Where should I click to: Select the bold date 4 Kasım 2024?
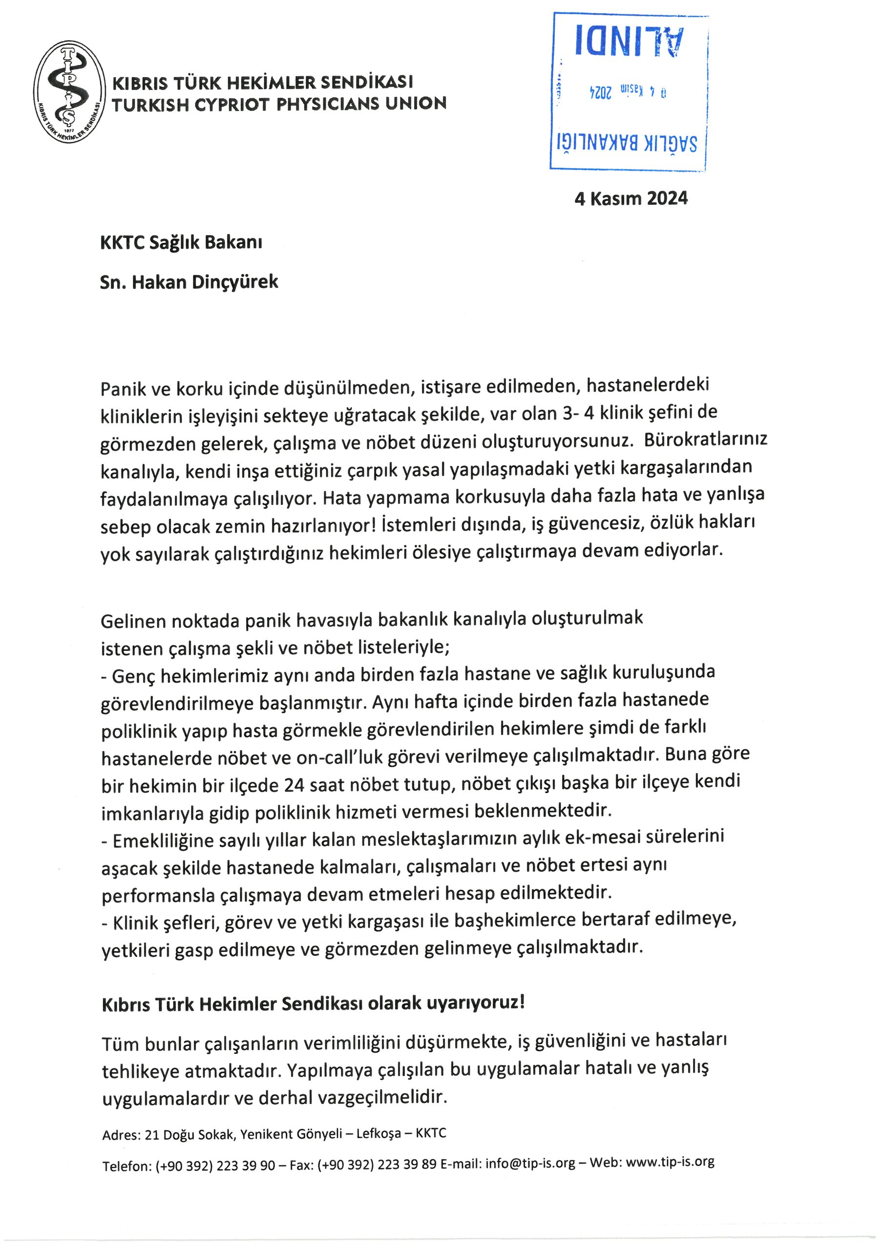point(631,198)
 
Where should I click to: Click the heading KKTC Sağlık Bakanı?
point(181,242)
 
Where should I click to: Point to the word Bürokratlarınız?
point(705,439)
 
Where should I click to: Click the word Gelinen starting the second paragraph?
point(133,621)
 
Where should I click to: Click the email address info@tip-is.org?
point(530,1163)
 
